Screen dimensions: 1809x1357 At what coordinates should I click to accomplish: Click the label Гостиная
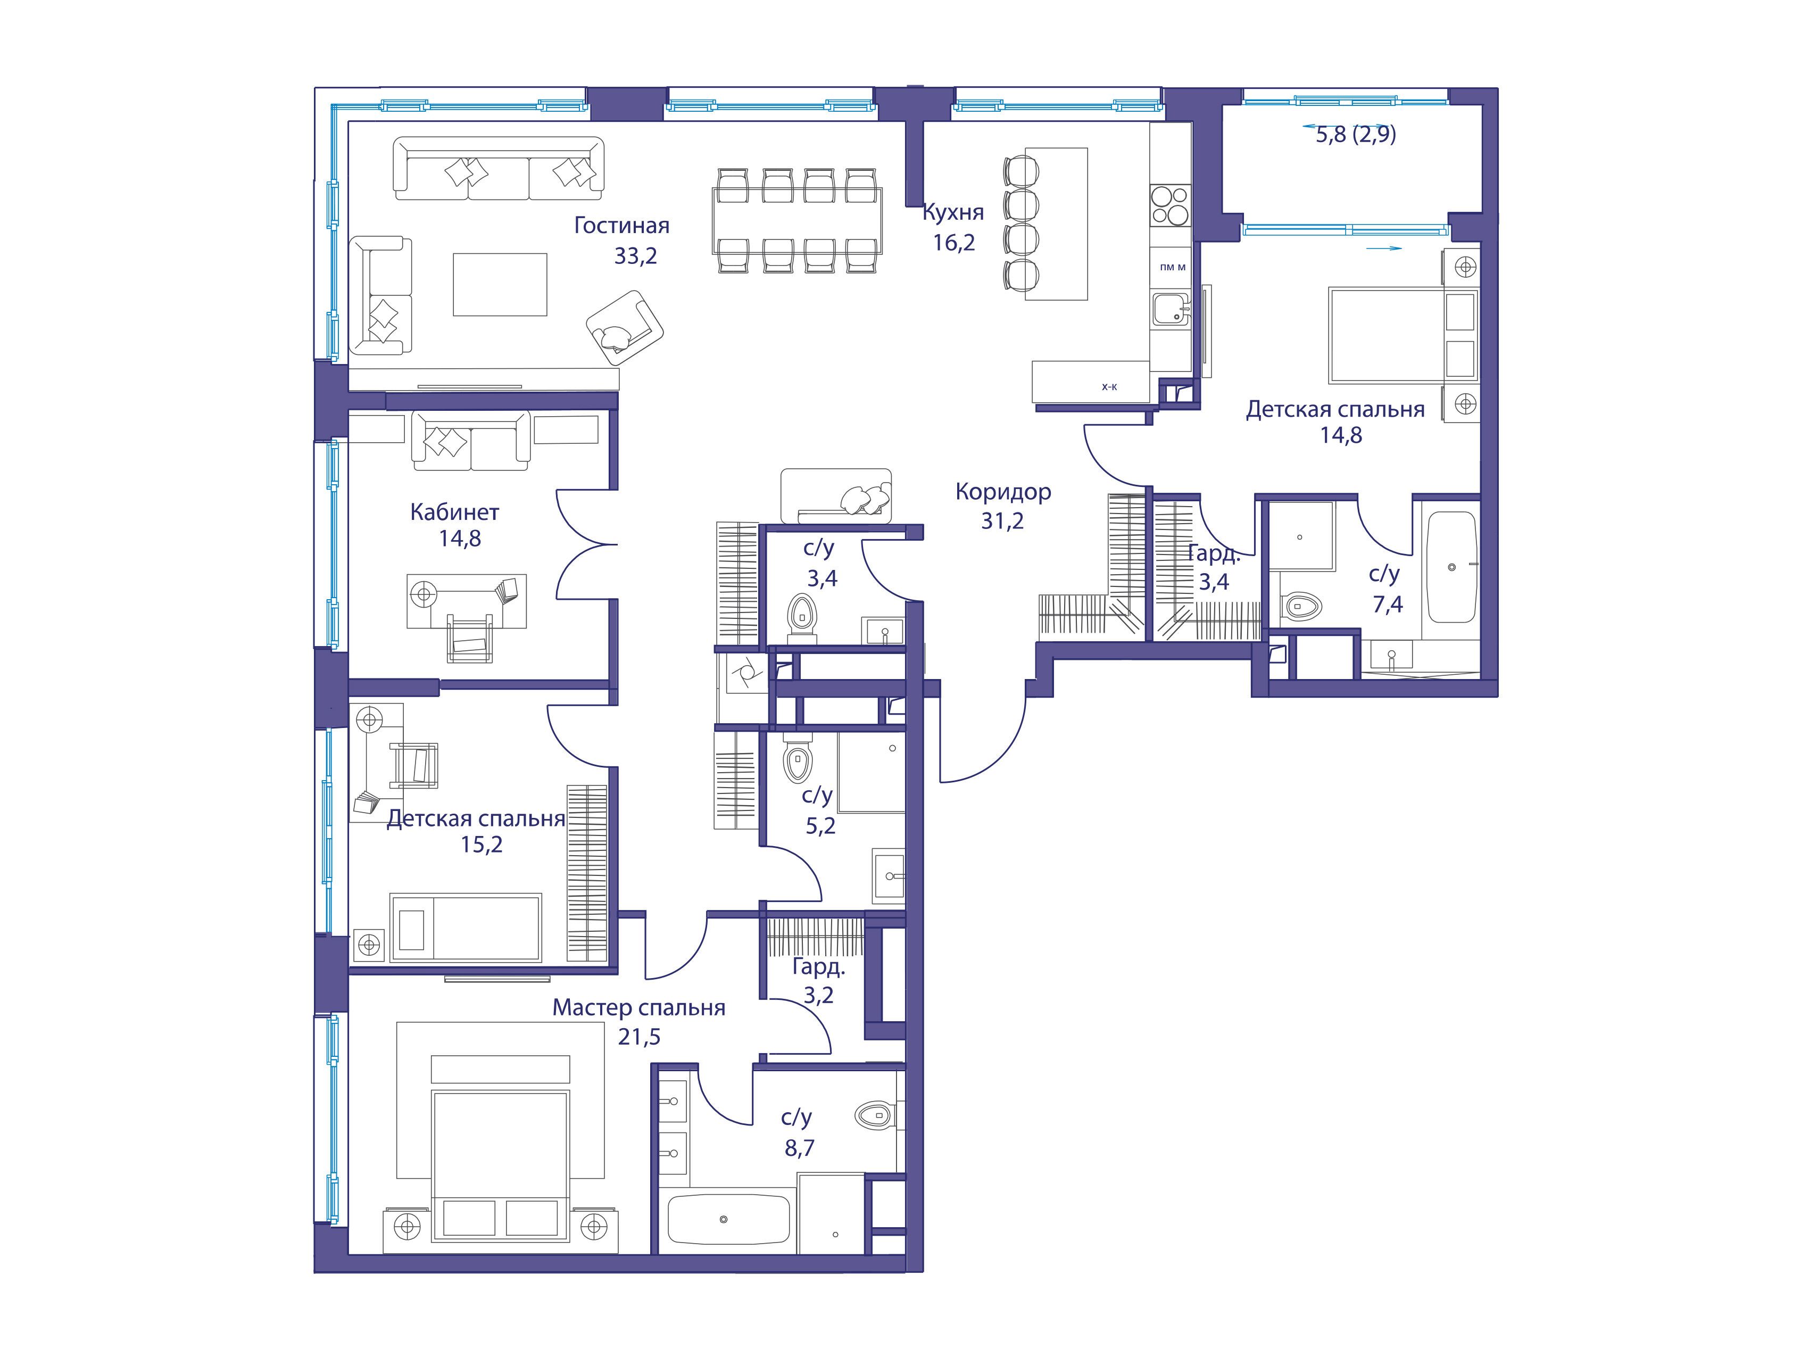621,226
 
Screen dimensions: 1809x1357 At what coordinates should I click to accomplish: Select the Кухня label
953,213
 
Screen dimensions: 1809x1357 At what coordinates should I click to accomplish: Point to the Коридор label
1002,492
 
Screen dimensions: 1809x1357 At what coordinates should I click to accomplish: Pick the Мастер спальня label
638,1008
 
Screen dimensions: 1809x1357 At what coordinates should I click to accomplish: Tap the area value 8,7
799,1148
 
